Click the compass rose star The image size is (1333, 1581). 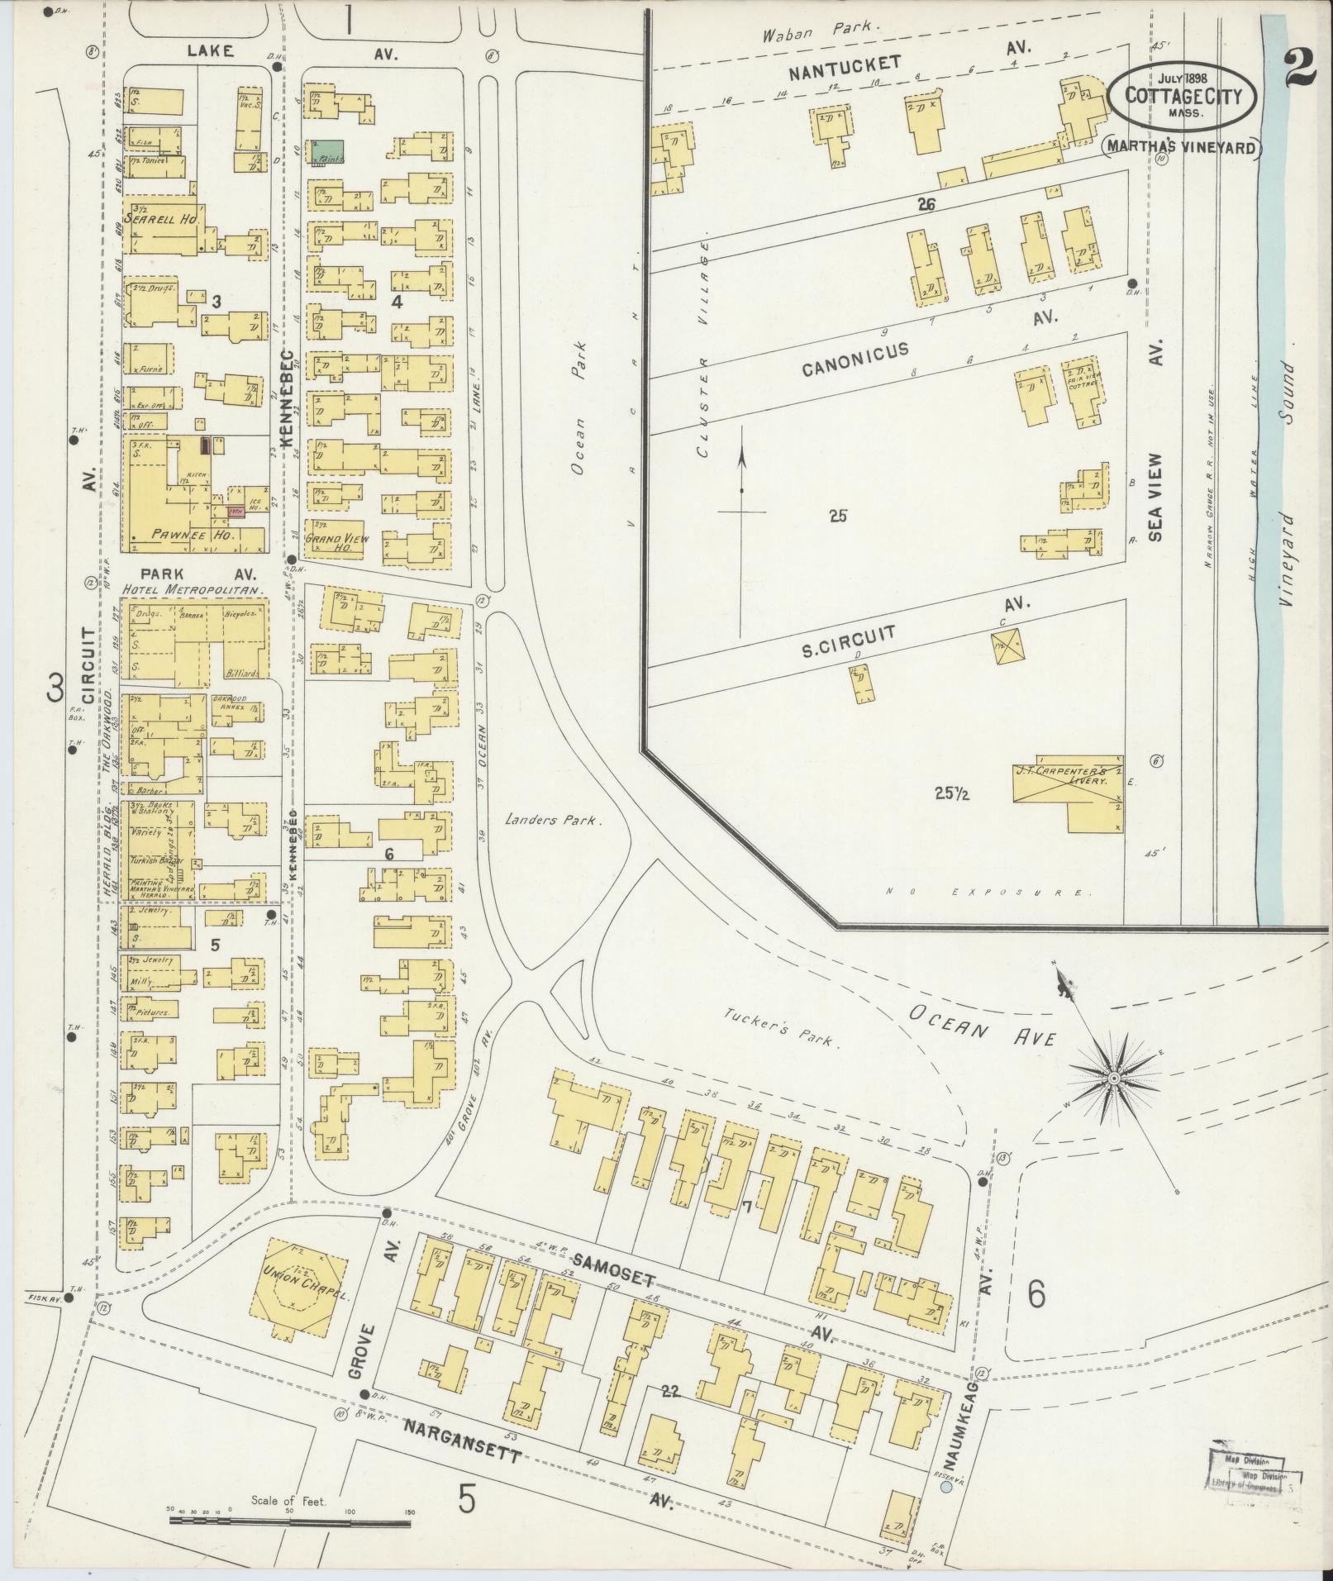tap(1113, 1079)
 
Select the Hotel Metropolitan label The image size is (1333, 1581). tap(192, 591)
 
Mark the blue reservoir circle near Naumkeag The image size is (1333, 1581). tap(946, 1487)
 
